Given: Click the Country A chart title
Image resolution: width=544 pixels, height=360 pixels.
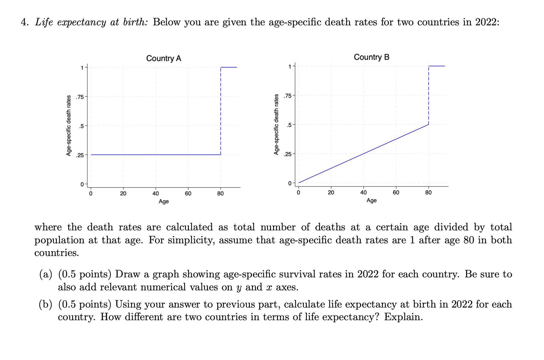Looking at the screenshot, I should (163, 58).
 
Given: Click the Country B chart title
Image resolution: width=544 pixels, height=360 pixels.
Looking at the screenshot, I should (371, 57).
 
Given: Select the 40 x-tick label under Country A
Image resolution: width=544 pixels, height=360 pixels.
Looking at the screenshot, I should (156, 194).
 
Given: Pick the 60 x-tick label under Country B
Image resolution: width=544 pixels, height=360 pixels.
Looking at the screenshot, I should (396, 193).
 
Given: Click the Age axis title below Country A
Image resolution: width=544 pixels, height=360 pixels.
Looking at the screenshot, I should (163, 201).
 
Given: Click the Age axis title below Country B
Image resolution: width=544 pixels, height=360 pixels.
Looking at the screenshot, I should (371, 200).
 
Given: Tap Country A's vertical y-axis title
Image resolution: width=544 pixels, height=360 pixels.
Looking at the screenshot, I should (69, 125).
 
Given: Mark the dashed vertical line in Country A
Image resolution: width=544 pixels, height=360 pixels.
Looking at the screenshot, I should (221, 112).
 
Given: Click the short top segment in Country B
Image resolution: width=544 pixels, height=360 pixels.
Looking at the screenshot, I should (436, 66).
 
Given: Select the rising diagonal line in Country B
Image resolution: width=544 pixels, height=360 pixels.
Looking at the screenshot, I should (363, 154).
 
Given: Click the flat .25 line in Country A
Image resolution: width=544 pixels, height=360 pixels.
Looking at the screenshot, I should (156, 155).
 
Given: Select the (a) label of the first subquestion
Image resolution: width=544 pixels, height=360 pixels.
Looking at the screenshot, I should (46, 274).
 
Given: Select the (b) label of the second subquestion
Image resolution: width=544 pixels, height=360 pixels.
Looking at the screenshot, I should (46, 304).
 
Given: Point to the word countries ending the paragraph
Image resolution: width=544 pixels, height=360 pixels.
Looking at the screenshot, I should (56, 253).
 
